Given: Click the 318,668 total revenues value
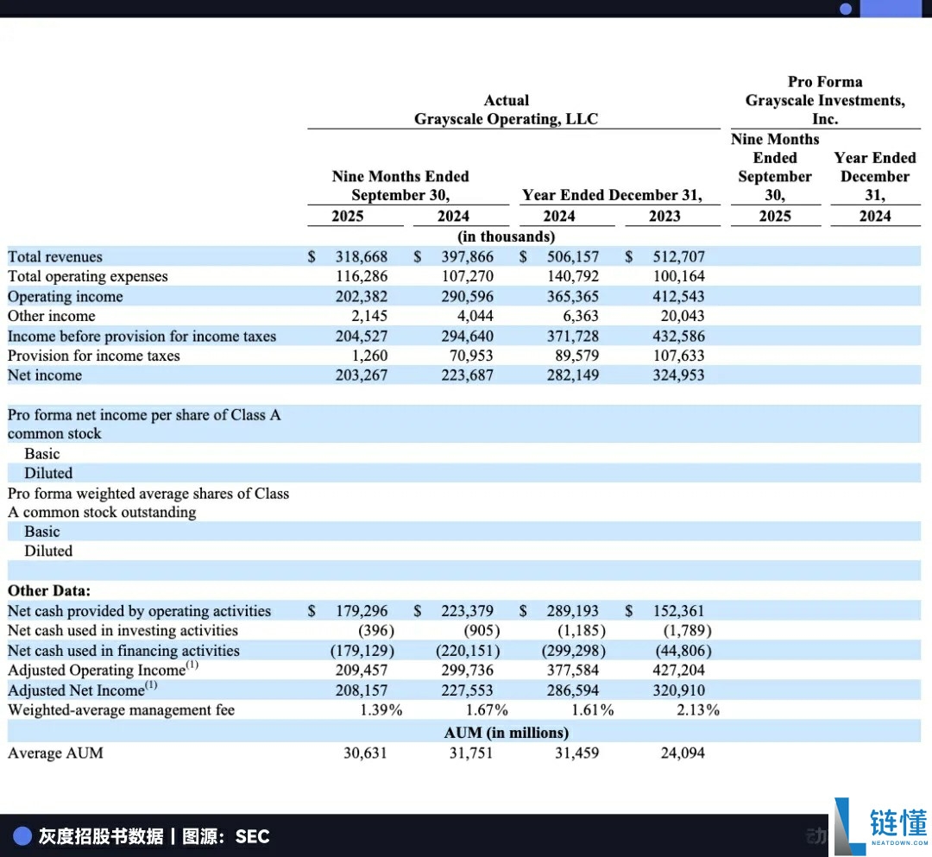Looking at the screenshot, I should point(362,256).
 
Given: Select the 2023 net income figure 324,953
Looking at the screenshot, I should point(678,375).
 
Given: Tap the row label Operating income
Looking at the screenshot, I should point(66,296).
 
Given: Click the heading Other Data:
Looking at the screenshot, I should point(49,591).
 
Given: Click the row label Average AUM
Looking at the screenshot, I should point(55,753).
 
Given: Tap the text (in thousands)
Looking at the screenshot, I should point(507,236).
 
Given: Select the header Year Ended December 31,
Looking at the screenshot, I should point(612,195).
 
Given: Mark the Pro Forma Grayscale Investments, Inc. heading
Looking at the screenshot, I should point(825,100).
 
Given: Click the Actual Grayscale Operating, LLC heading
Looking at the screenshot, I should point(506,110).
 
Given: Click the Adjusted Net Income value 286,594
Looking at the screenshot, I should point(573,690).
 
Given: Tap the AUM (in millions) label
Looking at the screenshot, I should point(507,733).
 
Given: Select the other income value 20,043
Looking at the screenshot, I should point(678,316).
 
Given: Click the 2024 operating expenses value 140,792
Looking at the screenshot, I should point(573,276).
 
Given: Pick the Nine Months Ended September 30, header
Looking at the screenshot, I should point(400,186).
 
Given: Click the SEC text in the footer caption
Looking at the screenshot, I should point(252,836).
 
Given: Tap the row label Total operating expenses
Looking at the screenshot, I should point(88,276).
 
